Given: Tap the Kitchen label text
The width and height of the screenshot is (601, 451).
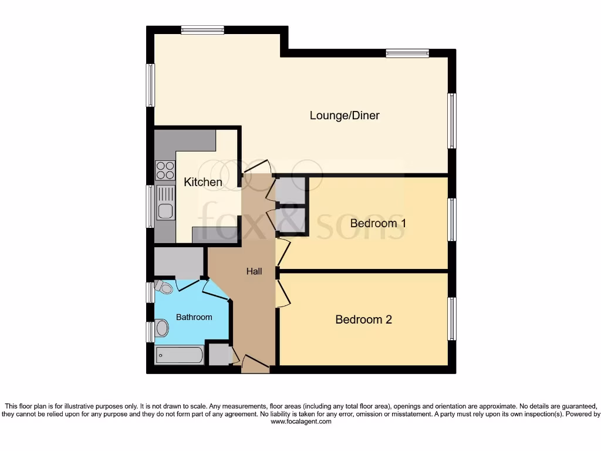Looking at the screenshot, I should click(203, 182).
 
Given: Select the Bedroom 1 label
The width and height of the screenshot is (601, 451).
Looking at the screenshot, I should click(378, 223).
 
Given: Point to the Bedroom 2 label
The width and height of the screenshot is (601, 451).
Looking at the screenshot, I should click(363, 319).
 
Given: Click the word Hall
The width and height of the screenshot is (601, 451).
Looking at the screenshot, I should click(254, 271).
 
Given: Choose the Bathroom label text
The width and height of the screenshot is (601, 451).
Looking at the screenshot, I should click(194, 317).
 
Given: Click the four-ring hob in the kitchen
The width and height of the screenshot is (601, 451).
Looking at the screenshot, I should click(165, 170).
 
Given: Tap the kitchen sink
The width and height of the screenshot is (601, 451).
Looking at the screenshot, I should click(166, 203).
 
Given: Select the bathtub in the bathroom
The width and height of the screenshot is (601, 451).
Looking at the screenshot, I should click(180, 355).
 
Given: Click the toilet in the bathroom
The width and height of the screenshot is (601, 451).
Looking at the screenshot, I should click(163, 287).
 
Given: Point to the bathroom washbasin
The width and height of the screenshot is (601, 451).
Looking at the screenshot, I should click(161, 328).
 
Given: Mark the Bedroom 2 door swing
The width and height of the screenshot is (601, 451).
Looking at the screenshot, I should click(283, 292).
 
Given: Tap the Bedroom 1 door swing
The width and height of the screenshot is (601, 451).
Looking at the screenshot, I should click(283, 251).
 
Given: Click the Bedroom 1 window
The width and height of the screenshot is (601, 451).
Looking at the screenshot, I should click(451, 220).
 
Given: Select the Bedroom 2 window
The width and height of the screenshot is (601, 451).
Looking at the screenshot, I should click(451, 319).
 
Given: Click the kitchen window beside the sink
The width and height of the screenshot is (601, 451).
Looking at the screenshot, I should click(150, 206).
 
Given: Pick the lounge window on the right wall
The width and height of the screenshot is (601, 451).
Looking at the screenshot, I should click(451, 121).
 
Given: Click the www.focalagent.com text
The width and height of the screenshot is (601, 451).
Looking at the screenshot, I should click(300, 422).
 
